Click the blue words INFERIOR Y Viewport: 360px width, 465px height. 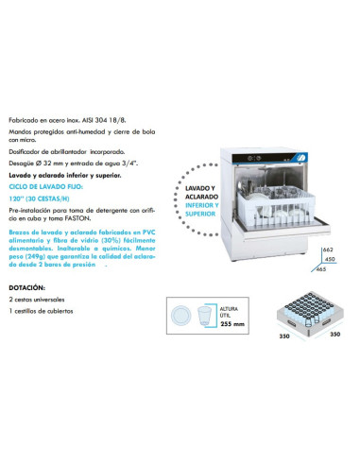point(200,204)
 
